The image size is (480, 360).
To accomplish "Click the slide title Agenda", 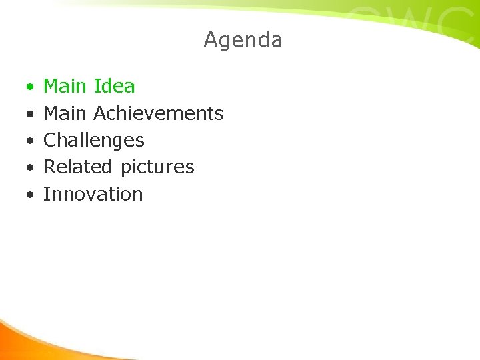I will [x=243, y=40].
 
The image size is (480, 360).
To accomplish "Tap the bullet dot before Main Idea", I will [x=30, y=87].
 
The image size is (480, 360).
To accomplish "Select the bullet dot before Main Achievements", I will [x=30, y=115].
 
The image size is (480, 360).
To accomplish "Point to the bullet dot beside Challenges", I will [x=30, y=141].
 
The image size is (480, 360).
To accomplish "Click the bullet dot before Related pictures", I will [x=30, y=168].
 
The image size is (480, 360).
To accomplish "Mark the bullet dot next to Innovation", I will [x=30, y=195].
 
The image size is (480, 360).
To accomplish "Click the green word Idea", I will [x=114, y=86].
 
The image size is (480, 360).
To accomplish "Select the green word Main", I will [x=65, y=86].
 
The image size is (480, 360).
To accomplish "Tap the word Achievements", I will [x=158, y=113].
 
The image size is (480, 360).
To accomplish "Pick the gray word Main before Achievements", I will [x=65, y=113].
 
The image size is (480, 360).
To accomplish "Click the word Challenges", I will [x=93, y=141].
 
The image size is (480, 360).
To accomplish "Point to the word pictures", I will [x=157, y=167].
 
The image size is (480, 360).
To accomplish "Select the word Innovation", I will [x=93, y=194].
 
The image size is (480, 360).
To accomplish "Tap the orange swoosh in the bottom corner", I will [x=27, y=340].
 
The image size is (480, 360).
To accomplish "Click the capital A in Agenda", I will [x=211, y=40].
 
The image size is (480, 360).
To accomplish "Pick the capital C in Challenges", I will [x=50, y=140].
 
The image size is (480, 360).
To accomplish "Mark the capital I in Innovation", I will [x=46, y=194].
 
